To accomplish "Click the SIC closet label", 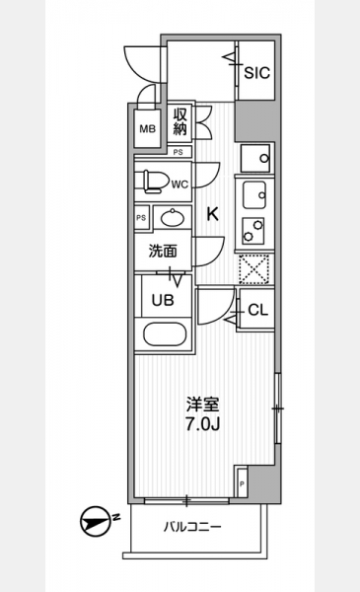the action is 257,72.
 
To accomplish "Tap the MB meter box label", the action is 148,129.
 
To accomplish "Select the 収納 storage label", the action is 180,121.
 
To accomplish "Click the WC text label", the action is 180,185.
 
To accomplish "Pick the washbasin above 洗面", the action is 173,217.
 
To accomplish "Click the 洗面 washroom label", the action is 163,251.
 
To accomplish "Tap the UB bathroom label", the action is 163,300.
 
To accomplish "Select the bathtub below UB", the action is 165,334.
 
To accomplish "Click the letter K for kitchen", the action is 212,214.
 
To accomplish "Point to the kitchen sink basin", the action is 254,195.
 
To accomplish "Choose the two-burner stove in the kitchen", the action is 253,231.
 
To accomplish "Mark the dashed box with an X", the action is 254,269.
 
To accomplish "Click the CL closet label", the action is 258,310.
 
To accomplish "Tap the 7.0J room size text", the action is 202,424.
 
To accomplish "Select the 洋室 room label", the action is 202,406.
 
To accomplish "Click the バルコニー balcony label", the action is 192,527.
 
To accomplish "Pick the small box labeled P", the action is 242,482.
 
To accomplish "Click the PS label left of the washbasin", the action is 141,218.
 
